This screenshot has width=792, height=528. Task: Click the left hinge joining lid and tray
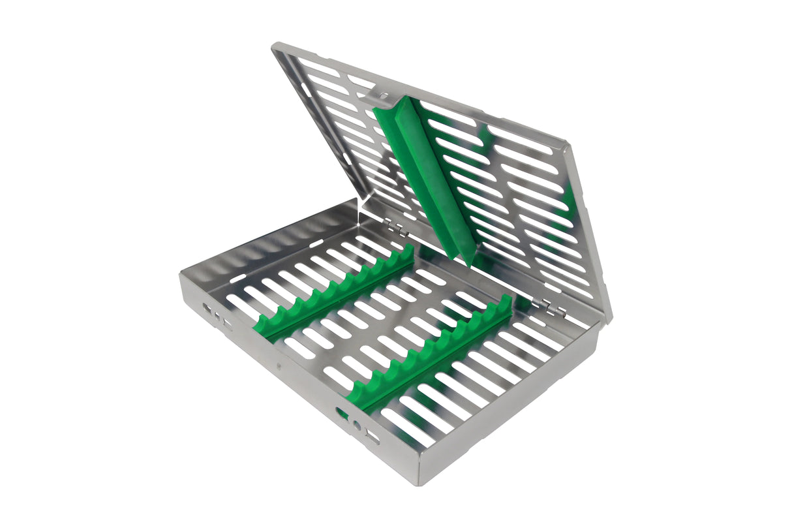coord(393,226)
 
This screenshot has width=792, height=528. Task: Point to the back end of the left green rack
coord(408,251)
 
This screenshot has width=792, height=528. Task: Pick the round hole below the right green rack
coord(356,426)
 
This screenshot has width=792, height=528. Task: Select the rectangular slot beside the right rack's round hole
coord(373,437)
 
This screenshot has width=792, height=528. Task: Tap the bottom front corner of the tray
coord(418,483)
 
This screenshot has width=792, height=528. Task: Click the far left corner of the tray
coord(181,274)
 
